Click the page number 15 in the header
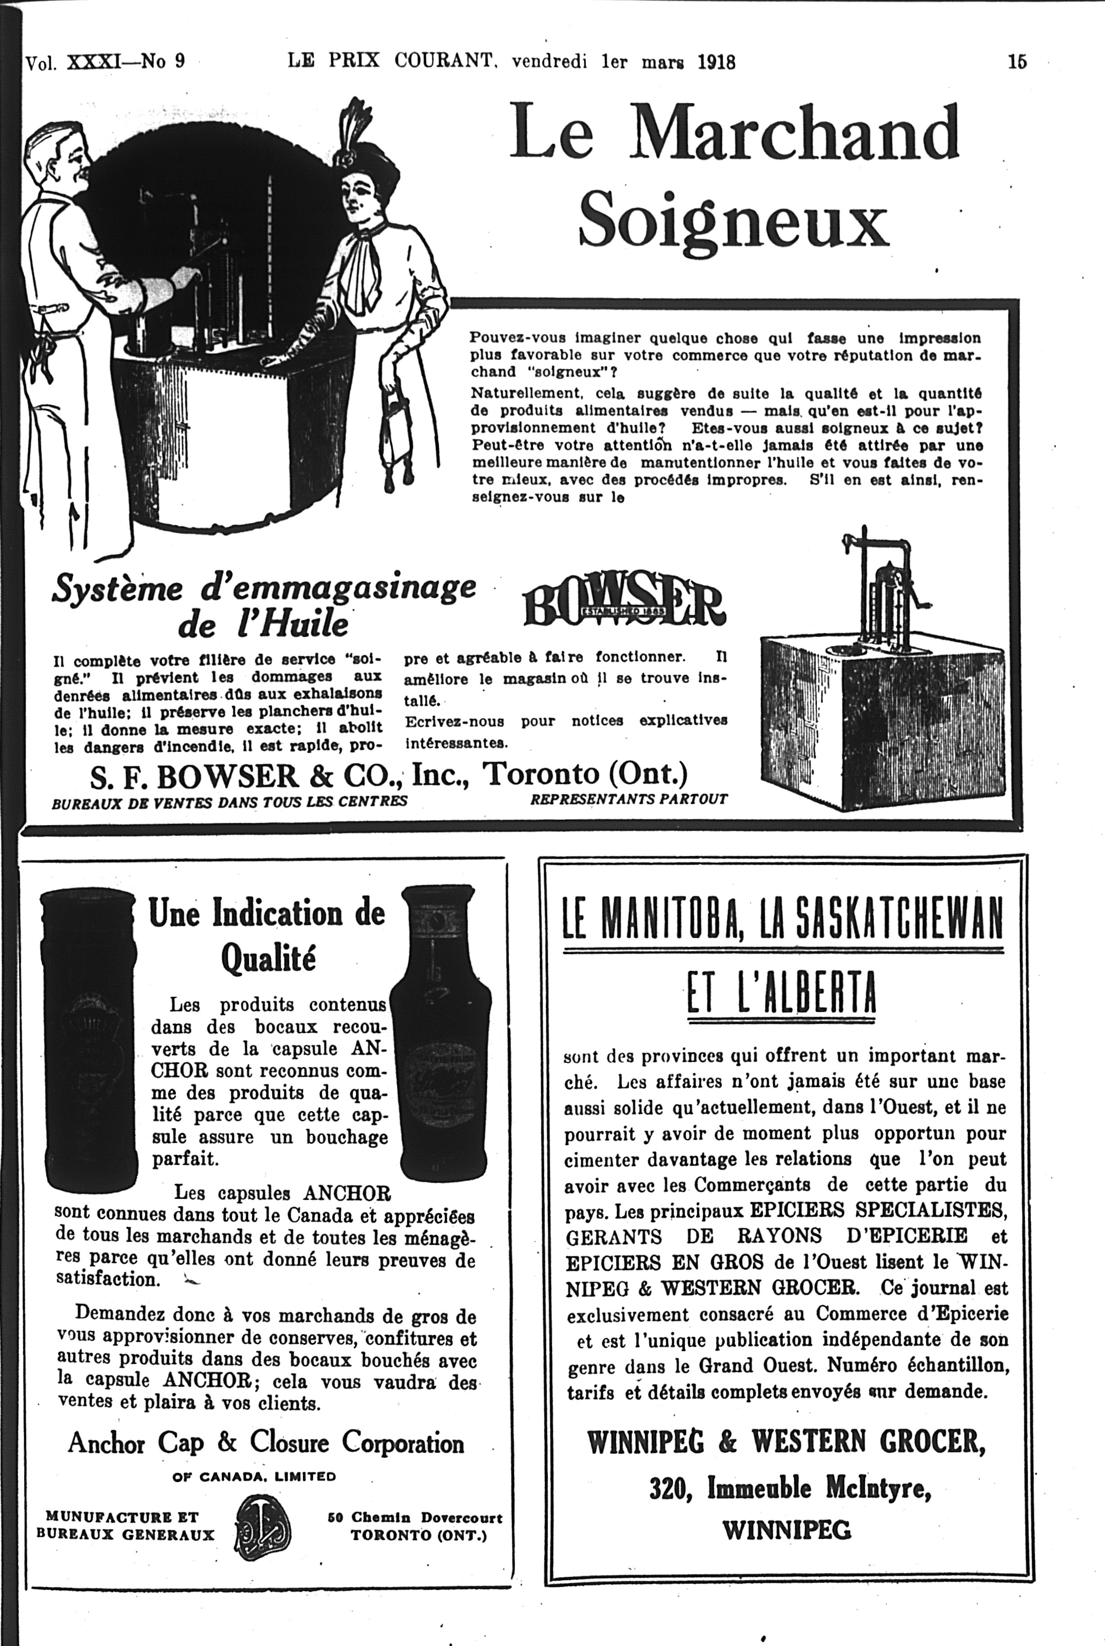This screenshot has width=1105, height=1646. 1016,62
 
